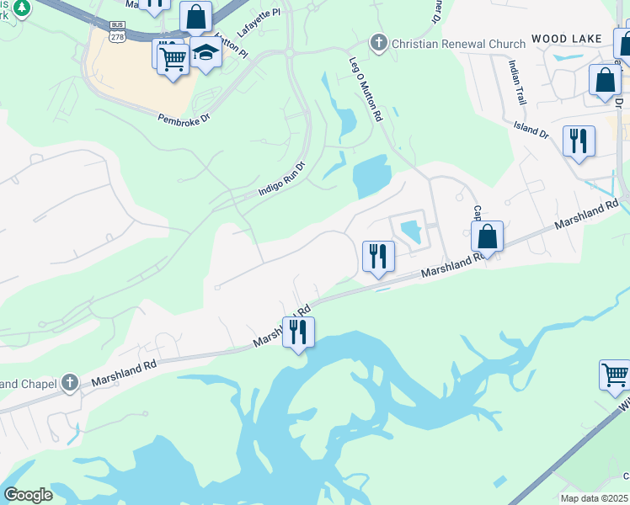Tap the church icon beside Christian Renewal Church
379,42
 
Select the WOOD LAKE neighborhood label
566,40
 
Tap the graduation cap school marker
206,52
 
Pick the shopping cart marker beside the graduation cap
173,59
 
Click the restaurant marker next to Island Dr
579,141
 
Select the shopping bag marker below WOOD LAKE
605,81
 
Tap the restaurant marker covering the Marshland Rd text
298,331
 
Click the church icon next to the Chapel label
70,384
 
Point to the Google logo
28,495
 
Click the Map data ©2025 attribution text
594,498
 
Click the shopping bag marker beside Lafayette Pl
195,17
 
